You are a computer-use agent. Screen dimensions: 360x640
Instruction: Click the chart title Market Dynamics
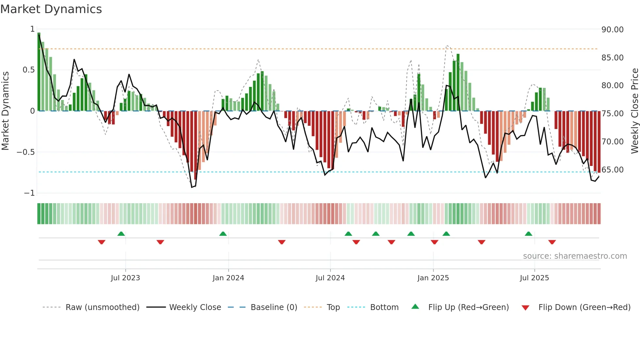(x=51, y=9)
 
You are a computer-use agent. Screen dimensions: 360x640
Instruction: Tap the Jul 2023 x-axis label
(x=125, y=278)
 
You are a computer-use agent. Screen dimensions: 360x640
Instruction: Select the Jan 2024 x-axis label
(x=228, y=278)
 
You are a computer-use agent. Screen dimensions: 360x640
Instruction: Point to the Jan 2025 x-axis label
(x=433, y=278)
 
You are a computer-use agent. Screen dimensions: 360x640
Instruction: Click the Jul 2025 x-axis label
(x=534, y=278)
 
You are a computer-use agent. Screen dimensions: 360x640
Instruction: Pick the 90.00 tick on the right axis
(x=612, y=30)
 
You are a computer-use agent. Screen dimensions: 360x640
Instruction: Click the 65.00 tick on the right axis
(x=612, y=170)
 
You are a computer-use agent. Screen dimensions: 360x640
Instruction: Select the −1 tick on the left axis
(x=29, y=193)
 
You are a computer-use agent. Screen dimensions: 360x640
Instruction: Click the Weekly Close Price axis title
(x=634, y=111)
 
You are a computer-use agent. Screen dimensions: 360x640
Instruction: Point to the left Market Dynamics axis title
(x=5, y=111)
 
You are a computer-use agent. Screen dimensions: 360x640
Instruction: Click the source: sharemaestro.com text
(x=575, y=256)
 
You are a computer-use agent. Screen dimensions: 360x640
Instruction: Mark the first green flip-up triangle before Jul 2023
(x=121, y=234)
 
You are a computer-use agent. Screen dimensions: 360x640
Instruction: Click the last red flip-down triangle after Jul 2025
(x=552, y=242)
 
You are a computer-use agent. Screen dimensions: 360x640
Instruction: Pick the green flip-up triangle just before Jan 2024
(x=223, y=234)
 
